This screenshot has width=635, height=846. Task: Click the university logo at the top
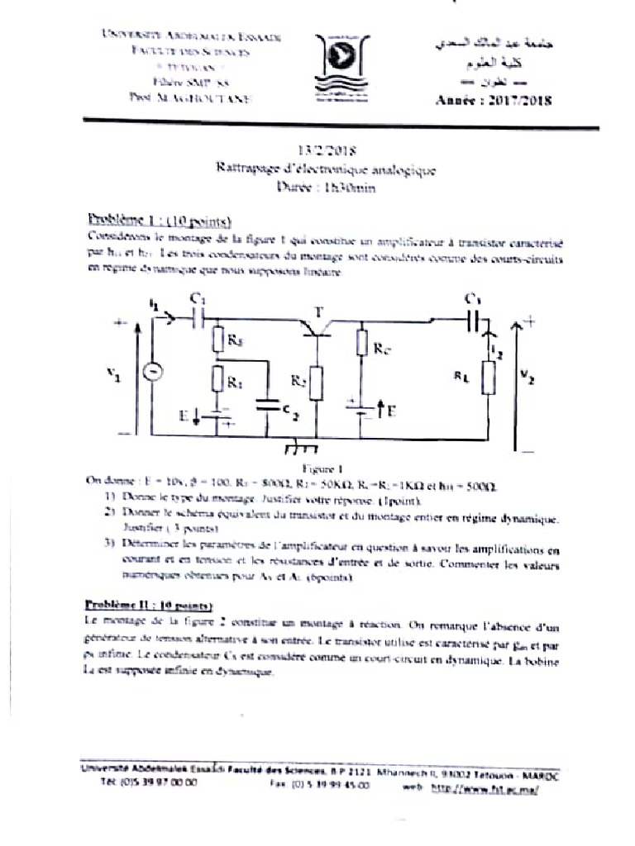tap(339, 67)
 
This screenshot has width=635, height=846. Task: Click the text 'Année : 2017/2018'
tap(493, 101)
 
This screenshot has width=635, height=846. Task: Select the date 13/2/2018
tap(326, 151)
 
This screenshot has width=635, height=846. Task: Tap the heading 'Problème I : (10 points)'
tap(160, 221)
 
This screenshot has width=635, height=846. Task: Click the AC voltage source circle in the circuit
tap(152, 372)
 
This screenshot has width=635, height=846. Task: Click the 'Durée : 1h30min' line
tap(326, 188)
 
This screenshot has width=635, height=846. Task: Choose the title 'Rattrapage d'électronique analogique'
tap(326, 169)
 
